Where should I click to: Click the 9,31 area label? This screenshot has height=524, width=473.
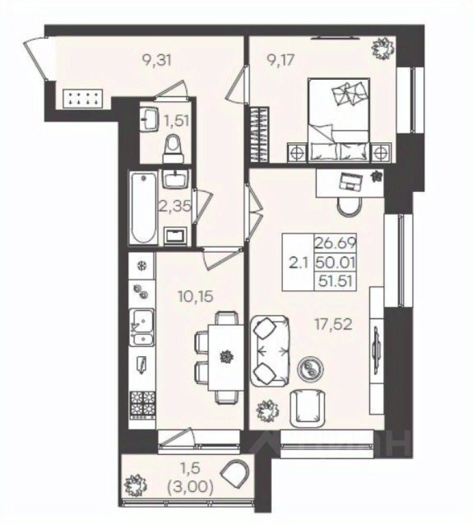point(155,60)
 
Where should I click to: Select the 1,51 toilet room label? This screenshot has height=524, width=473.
point(176,121)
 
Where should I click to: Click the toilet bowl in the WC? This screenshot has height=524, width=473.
point(173,146)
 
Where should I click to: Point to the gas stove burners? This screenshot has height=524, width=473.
point(143,404)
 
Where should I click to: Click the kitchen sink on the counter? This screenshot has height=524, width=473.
point(142,326)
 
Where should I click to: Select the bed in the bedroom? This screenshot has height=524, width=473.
point(338,119)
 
